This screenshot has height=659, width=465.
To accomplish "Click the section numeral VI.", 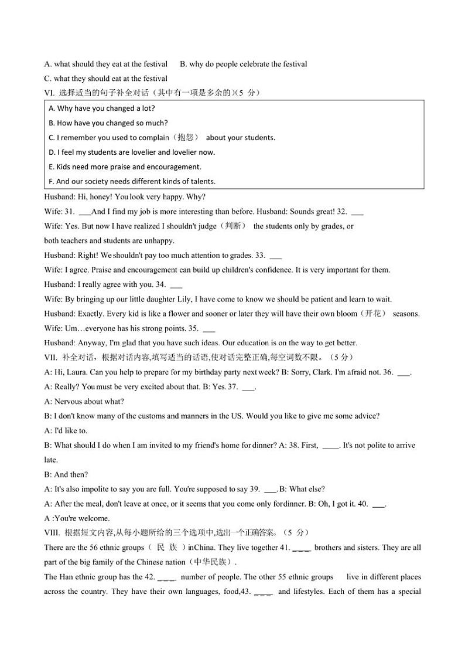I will [49, 93].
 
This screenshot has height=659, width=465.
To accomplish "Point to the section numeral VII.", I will [50, 357].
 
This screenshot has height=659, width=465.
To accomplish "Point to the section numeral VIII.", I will [52, 533].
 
